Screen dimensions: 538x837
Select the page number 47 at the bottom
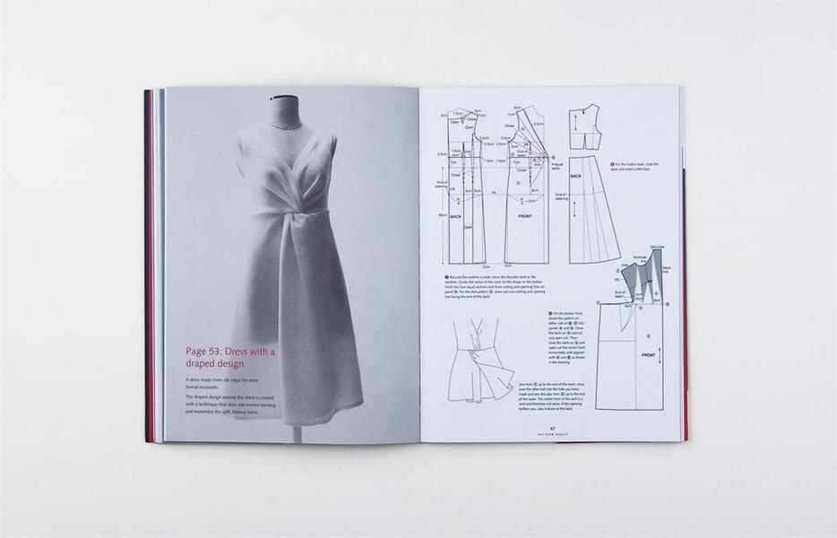(x=553, y=428)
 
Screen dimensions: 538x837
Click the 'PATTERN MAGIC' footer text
(x=553, y=434)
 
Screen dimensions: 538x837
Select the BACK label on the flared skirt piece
(x=576, y=177)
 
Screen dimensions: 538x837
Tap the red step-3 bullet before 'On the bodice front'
(x=549, y=313)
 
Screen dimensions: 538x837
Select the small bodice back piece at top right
(x=583, y=126)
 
